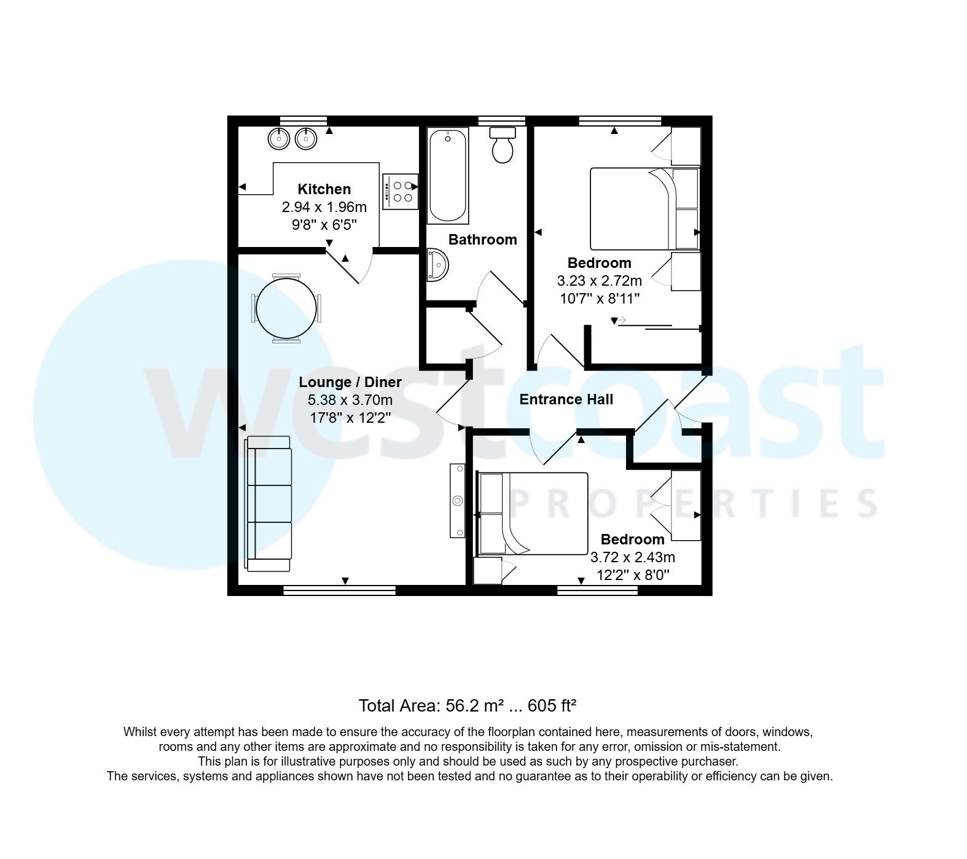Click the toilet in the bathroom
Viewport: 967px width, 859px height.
pos(503,146)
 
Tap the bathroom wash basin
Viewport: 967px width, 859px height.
pos(437,265)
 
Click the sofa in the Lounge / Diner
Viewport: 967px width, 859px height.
pos(269,503)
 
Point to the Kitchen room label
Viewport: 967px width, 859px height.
pos(324,189)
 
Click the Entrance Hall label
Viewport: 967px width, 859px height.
pos(566,399)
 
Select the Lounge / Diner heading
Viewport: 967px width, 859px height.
pos(350,382)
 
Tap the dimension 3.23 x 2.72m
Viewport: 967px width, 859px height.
pos(599,281)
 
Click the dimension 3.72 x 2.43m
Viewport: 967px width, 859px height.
pos(632,557)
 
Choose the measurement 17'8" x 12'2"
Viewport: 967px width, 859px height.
pos(350,418)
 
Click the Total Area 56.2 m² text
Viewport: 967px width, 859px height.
pos(467,705)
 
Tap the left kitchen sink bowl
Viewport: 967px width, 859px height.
pos(279,139)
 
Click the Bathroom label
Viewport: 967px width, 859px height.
pos(482,240)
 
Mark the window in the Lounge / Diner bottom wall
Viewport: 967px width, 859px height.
pos(339,590)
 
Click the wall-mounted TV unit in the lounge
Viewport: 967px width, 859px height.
pos(458,501)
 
